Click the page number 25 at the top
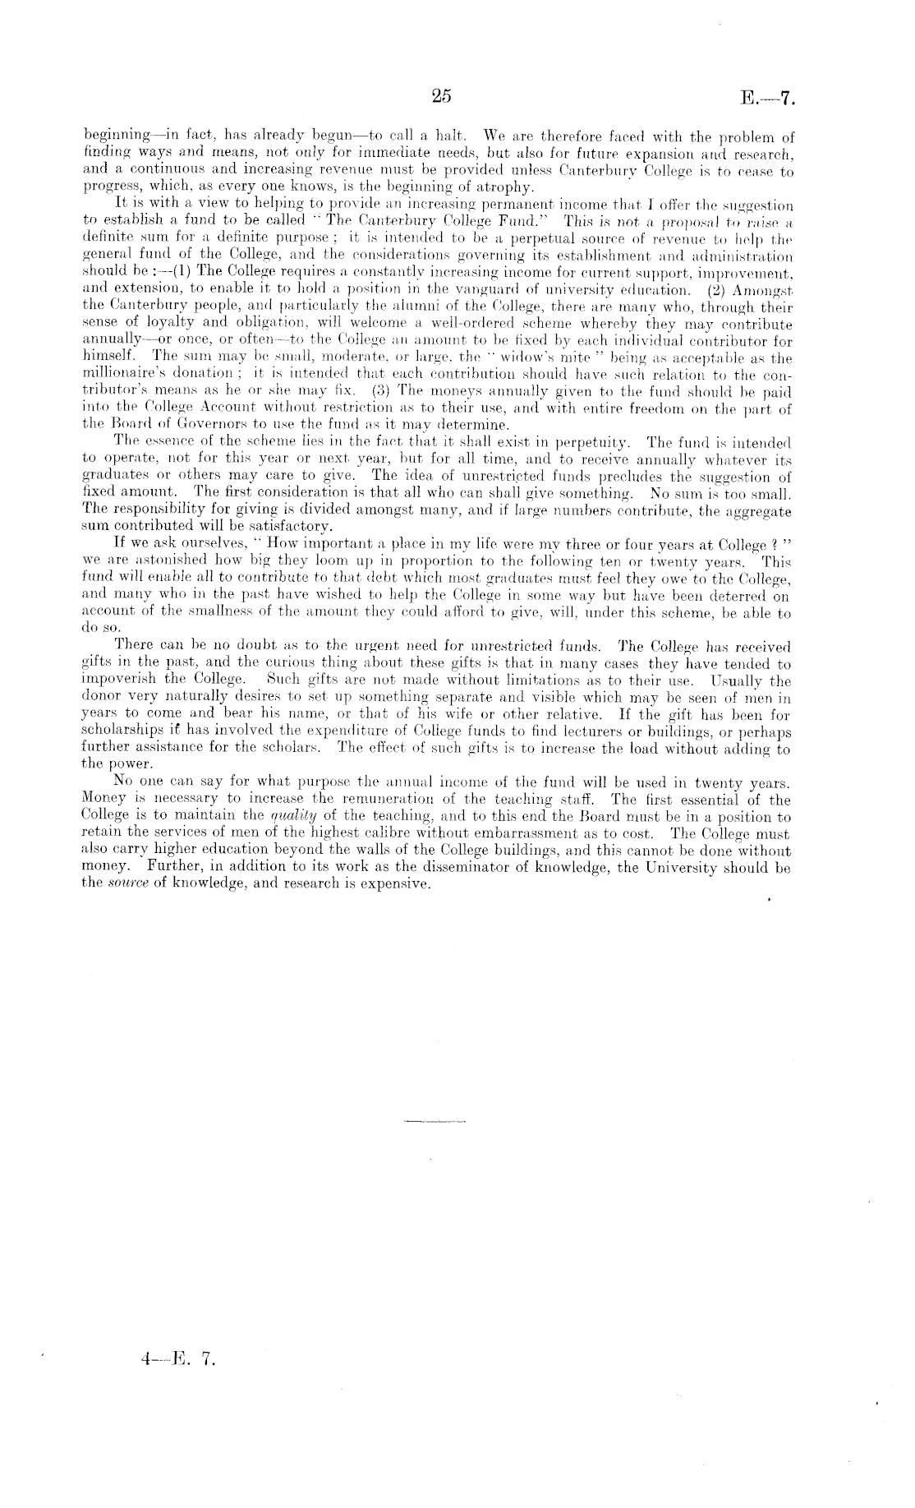[440, 95]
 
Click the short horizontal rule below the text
[435, 1120]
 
